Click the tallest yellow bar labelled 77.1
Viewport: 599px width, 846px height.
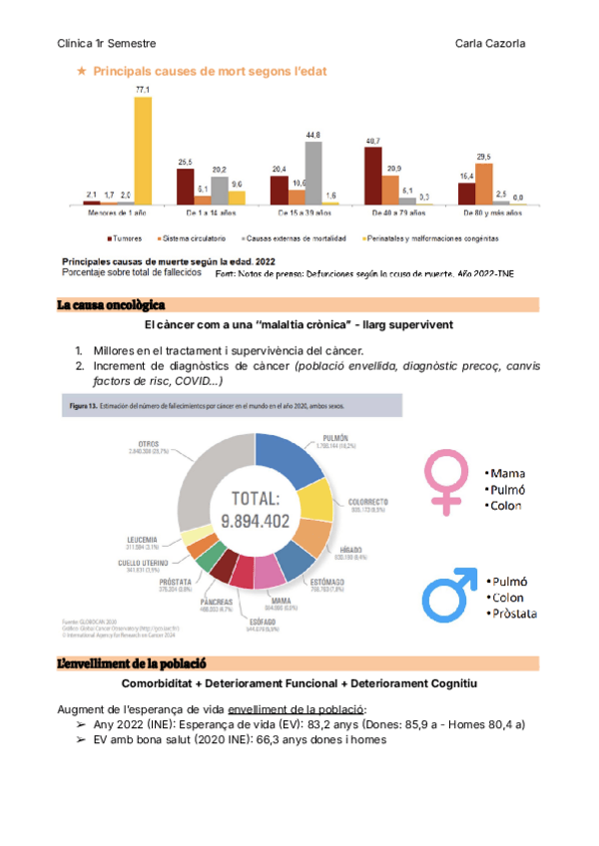tap(143, 150)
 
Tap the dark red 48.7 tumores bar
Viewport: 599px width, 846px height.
tap(372, 176)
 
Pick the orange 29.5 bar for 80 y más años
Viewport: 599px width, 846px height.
tap(484, 183)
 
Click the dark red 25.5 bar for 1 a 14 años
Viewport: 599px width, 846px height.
tap(186, 186)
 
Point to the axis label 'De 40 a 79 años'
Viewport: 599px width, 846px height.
tap(399, 213)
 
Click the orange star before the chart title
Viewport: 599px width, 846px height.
tap(81, 72)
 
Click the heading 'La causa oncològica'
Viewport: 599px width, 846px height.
tap(111, 303)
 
